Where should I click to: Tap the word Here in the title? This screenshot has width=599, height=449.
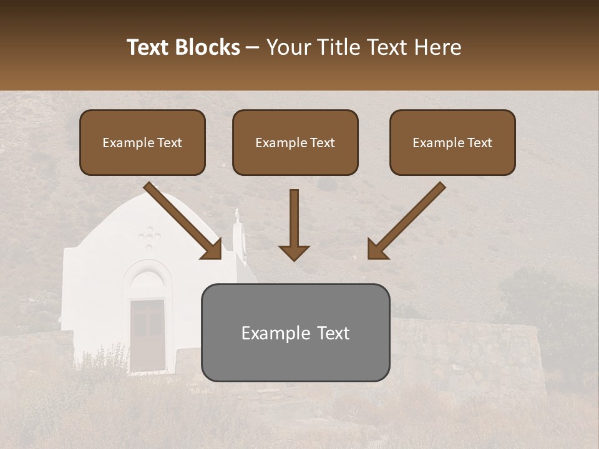437,47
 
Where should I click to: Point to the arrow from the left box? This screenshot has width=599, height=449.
183,221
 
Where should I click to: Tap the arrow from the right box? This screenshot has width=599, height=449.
406,221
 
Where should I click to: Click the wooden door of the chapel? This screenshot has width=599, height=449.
148,336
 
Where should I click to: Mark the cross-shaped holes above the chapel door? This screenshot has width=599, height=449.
149,238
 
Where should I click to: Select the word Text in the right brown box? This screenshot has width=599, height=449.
480,143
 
